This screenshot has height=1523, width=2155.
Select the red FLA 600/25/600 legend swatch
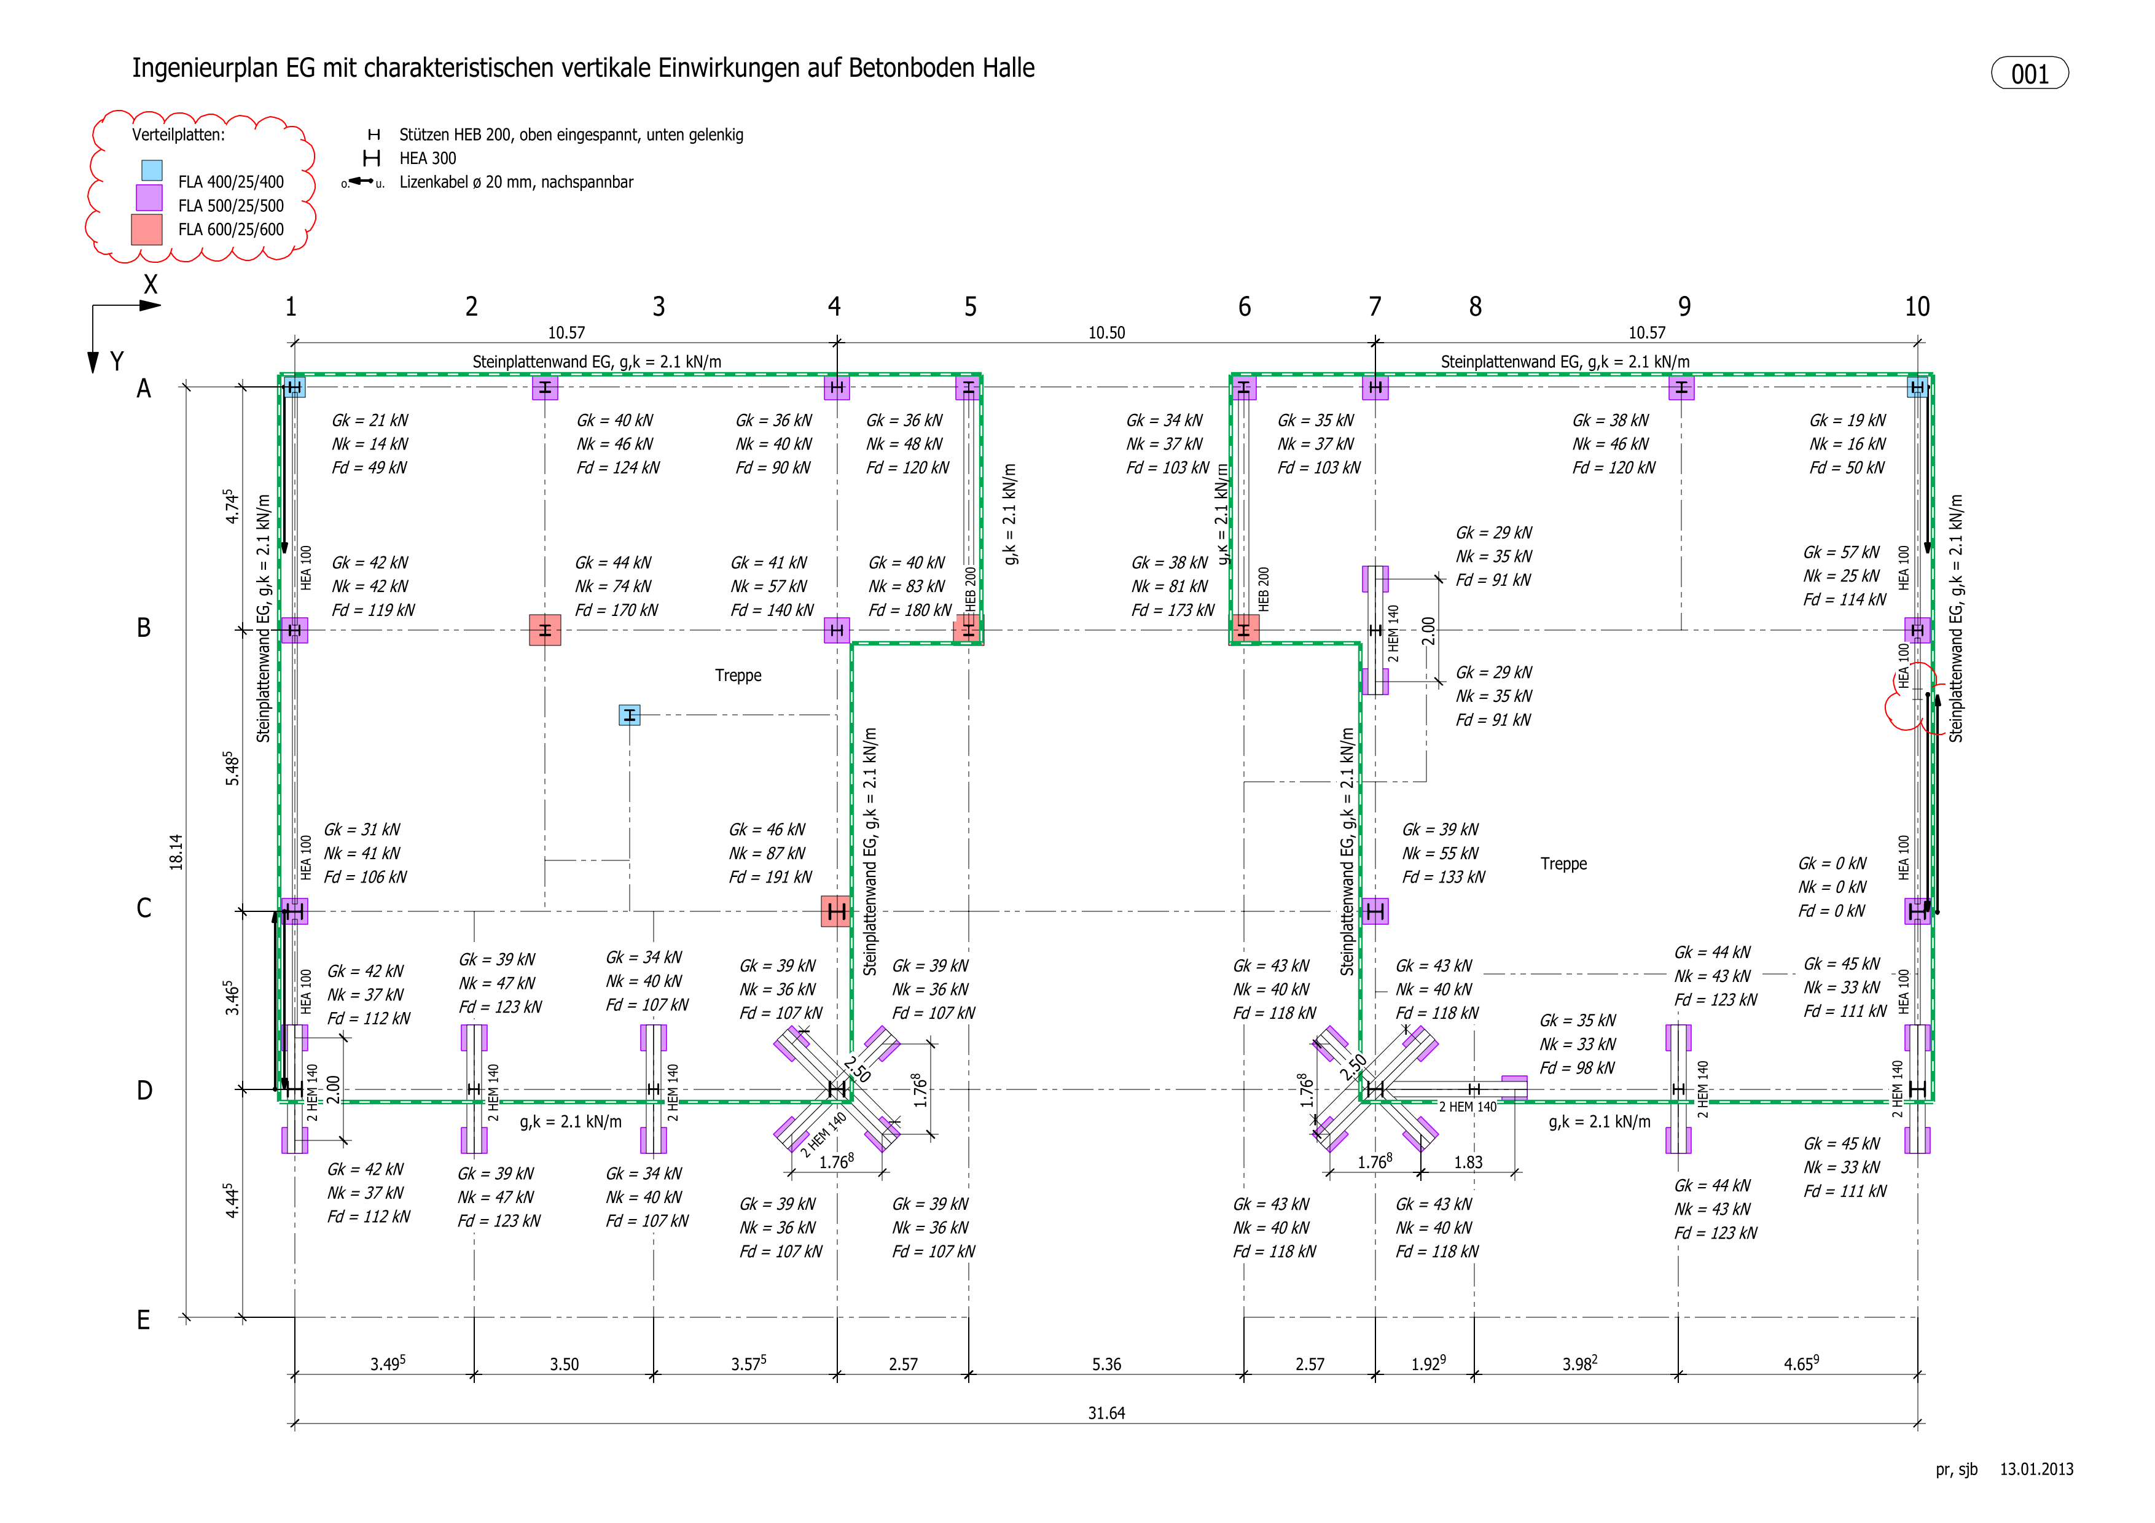click(x=146, y=230)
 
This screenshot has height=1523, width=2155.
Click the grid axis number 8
click(x=1476, y=307)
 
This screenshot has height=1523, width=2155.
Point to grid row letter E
click(x=144, y=1320)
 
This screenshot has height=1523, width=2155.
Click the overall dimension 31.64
click(x=1106, y=1413)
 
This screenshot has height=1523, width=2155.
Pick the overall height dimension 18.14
click(x=176, y=852)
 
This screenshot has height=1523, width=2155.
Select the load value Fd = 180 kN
click(x=910, y=610)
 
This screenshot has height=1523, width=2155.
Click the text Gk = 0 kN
click(x=1832, y=863)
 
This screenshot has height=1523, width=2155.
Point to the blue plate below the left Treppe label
click(x=630, y=715)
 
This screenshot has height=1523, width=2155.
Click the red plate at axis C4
click(x=836, y=911)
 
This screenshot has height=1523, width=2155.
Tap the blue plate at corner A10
click(x=1917, y=387)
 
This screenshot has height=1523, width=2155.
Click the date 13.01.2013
click(x=2036, y=1470)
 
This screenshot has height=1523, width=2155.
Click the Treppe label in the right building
click(x=1563, y=864)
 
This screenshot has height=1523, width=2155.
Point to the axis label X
click(x=150, y=284)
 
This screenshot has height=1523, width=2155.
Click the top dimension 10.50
click(x=1106, y=333)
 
